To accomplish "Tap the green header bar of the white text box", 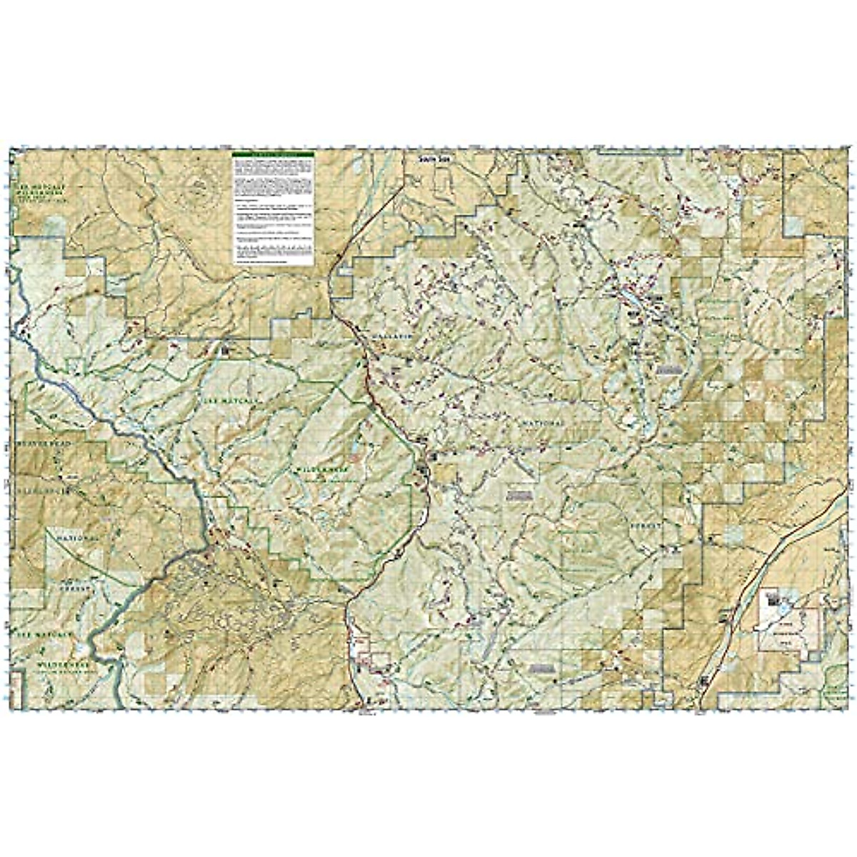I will (273, 155).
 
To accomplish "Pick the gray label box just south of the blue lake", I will (667, 369).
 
